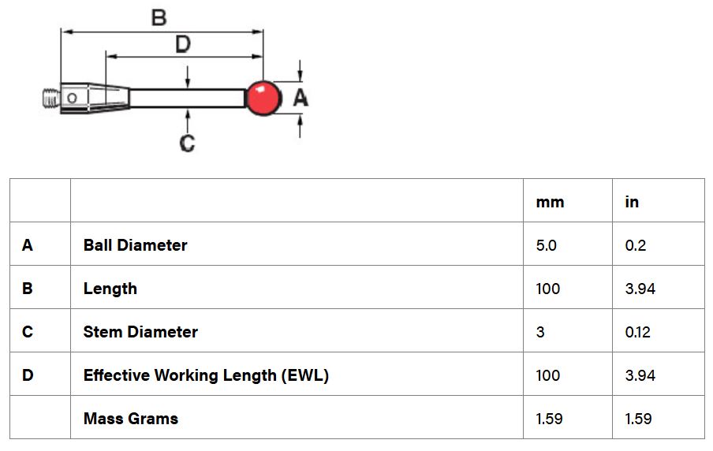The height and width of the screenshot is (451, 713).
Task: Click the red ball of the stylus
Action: click(263, 98)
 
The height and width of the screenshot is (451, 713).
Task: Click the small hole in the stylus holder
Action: click(72, 99)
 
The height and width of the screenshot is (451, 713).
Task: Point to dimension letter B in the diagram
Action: click(159, 17)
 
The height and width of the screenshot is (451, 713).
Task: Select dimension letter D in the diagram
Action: click(182, 44)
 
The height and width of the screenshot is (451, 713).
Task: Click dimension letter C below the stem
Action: click(187, 143)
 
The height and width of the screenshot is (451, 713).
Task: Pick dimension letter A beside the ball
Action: click(301, 98)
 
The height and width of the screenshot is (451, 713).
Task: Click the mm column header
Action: click(550, 202)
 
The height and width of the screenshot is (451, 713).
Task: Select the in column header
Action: click(632, 202)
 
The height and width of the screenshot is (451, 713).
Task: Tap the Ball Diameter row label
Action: click(135, 245)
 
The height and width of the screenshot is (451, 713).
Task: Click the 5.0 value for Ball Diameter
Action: click(546, 245)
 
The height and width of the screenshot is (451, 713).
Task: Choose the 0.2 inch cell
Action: click(635, 245)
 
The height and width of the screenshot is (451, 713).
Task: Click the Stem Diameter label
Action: click(140, 332)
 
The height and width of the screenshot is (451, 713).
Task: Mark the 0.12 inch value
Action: click(637, 332)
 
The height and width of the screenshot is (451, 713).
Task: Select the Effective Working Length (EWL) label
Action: click(206, 375)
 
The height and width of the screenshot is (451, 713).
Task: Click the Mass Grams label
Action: click(130, 419)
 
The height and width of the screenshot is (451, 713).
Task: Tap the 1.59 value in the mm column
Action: click(549, 419)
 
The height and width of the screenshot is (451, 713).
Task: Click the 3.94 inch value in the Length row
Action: click(640, 289)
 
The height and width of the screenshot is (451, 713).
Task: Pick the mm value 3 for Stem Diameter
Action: click(540, 332)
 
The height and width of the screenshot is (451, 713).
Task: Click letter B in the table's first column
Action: click(28, 289)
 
